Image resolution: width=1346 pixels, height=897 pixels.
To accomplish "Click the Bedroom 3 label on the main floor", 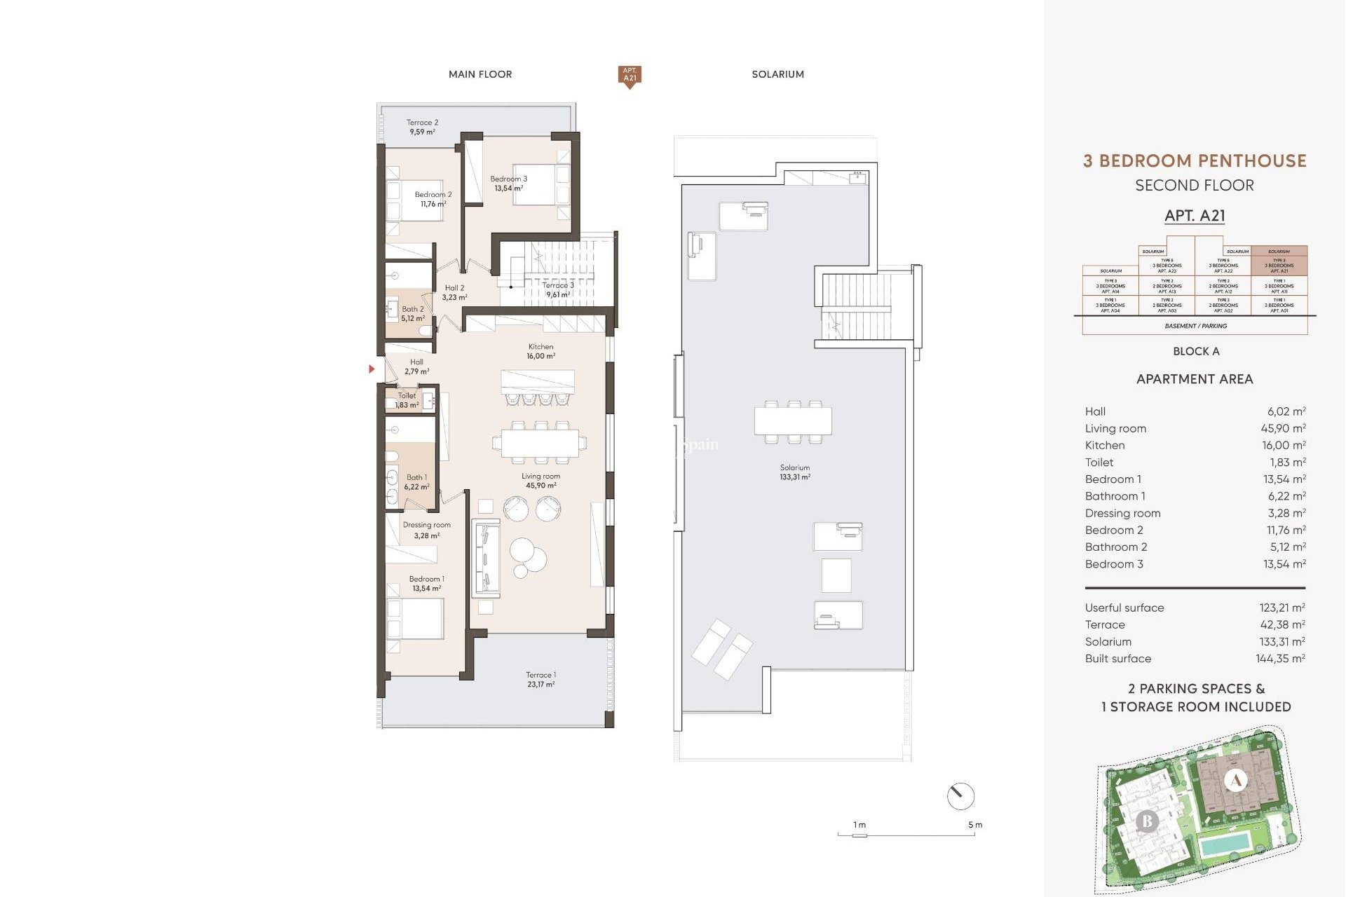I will (x=508, y=183).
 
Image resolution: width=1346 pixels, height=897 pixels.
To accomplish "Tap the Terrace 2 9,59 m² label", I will (x=422, y=127).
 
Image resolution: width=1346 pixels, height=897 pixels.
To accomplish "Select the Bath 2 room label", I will (x=412, y=313).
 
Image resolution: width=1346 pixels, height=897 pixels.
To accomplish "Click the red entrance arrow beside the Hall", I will (x=372, y=369).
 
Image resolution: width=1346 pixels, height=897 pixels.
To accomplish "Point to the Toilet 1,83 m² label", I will (x=407, y=400).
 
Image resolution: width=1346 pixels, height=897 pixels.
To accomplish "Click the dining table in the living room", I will (x=539, y=443).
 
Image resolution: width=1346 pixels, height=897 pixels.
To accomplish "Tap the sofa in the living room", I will (x=485, y=558).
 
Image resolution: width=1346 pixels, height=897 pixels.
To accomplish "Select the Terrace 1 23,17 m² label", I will (x=541, y=679).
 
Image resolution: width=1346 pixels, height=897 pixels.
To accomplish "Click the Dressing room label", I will (x=426, y=530).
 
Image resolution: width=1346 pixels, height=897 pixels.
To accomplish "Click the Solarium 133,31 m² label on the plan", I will (x=794, y=472).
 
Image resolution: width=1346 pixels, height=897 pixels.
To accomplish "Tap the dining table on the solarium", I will (x=793, y=421).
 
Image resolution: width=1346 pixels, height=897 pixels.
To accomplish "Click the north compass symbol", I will (x=960, y=796).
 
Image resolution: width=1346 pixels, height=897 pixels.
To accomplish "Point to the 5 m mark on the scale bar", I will (x=974, y=826).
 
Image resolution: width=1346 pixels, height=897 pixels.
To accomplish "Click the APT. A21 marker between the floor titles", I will (x=630, y=75).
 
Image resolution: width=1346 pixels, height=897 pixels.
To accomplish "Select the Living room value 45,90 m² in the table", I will (x=1282, y=428).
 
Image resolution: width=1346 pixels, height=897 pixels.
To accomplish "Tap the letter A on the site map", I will (x=1235, y=780).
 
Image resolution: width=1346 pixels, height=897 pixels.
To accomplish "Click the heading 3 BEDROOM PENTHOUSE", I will (x=1195, y=160).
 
